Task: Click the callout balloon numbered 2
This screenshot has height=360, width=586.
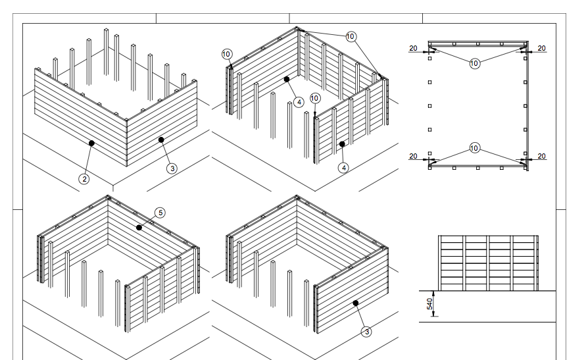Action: click(84, 178)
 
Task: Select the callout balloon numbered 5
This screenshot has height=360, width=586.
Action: click(159, 212)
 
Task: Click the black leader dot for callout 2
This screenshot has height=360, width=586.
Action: click(91, 142)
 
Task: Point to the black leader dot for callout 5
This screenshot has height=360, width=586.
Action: click(139, 227)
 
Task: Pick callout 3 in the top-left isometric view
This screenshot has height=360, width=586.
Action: click(172, 168)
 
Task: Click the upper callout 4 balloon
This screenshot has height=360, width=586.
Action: click(299, 102)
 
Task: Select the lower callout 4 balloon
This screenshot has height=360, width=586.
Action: click(344, 168)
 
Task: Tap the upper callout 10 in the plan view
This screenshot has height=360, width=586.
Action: click(475, 63)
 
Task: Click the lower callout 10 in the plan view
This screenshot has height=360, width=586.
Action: click(475, 149)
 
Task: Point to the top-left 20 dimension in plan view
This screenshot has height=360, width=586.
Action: click(413, 48)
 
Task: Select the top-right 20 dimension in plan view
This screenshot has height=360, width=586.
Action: click(541, 48)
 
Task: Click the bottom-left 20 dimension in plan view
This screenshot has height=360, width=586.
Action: click(413, 156)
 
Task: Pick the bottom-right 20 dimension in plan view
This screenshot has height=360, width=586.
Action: click(541, 156)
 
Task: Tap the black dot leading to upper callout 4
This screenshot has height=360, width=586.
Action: click(287, 79)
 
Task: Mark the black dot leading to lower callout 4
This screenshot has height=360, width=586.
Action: click(342, 143)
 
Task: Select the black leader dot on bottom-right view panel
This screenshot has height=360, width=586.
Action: click(355, 303)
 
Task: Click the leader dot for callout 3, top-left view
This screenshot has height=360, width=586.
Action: click(160, 140)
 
